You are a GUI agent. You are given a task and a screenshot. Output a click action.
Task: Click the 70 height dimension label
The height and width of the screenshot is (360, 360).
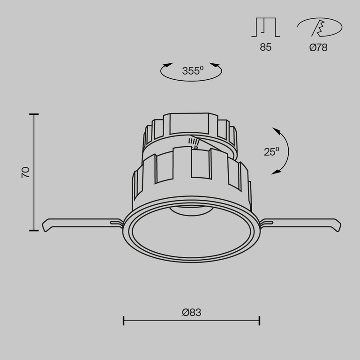25,172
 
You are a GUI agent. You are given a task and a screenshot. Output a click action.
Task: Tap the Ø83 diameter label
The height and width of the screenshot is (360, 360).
191,312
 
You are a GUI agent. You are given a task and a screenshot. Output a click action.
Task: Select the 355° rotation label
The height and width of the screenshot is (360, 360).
193,70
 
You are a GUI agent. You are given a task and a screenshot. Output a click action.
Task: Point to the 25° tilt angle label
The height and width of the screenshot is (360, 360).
271,151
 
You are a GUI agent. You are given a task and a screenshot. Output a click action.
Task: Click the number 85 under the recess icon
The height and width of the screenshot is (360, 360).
266,47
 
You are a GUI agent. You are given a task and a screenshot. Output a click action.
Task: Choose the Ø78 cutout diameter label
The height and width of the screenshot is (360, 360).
318,47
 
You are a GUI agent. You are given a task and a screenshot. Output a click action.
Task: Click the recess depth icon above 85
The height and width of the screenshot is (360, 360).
266,27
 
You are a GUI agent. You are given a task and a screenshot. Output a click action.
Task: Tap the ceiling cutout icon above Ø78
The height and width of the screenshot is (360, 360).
320,27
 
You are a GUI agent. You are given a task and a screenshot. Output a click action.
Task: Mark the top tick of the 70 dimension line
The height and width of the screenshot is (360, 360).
34,114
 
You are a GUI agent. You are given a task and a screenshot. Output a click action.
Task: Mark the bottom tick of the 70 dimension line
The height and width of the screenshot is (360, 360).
34,230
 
